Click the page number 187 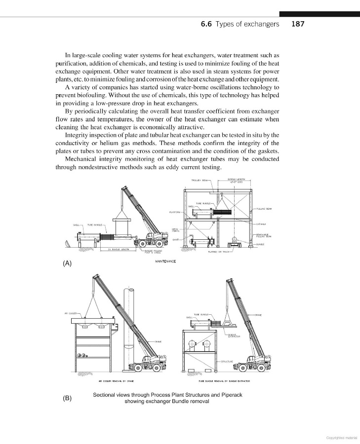(x=298, y=24)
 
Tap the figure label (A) (x=67, y=263)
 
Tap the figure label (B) (x=67, y=398)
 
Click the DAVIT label (x=175, y=239)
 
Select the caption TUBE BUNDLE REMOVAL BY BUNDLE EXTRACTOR (x=224, y=381)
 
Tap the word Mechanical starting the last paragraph (x=82, y=159)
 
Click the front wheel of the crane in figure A (x=142, y=243)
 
